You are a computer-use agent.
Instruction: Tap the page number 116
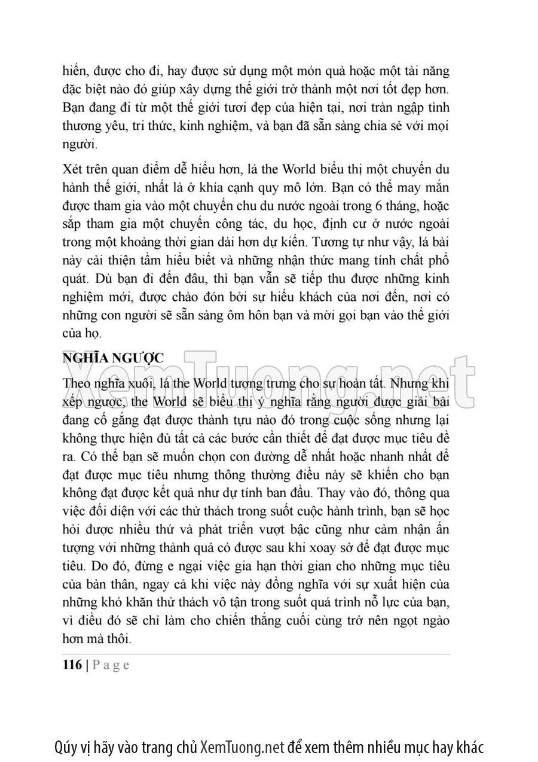(x=72, y=665)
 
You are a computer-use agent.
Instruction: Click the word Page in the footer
(x=112, y=665)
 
